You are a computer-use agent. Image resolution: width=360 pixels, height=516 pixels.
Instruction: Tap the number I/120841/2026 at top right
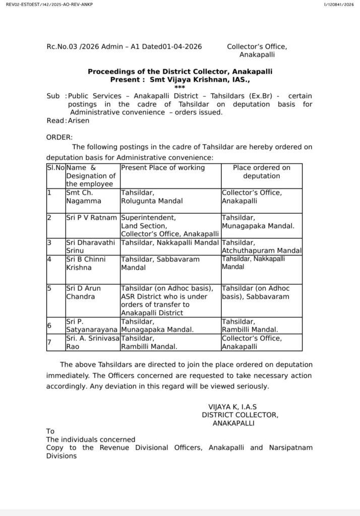click(339, 4)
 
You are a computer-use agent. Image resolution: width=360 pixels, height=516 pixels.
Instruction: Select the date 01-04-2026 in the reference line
click(182, 46)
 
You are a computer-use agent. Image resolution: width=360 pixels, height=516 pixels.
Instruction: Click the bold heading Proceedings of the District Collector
click(180, 72)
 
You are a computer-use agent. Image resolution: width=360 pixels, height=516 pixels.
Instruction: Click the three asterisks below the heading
click(180, 87)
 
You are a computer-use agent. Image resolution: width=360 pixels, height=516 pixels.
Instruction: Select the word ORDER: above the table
click(59, 137)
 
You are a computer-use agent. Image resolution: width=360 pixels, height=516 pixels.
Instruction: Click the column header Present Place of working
click(162, 168)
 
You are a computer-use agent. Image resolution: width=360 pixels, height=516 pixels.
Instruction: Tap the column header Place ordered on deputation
click(261, 172)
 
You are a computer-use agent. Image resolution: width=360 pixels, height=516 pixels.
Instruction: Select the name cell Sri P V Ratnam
click(91, 218)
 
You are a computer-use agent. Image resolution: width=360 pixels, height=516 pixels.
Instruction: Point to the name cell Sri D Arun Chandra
click(83, 292)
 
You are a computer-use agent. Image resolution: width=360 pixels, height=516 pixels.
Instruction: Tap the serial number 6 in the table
click(49, 326)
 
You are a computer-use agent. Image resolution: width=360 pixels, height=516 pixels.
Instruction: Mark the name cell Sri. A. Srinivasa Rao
click(91, 342)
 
